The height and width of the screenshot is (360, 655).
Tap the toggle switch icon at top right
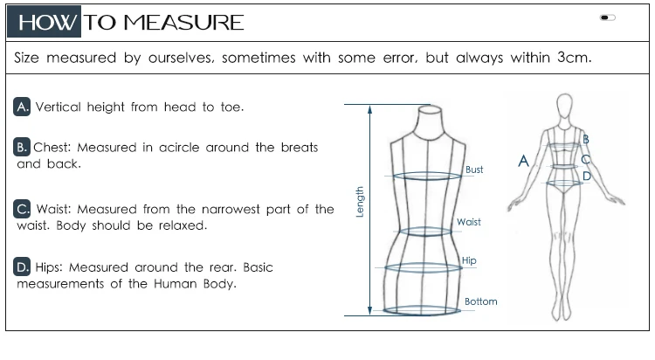608,17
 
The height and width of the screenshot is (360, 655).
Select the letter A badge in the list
23,107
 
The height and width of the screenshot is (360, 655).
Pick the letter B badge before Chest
23,147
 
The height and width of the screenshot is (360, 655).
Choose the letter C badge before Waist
23,209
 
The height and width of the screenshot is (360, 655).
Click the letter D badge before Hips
23,267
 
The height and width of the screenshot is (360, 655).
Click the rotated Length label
359,201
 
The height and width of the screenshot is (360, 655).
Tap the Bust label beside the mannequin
474,170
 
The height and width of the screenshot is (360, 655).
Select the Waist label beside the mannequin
469,222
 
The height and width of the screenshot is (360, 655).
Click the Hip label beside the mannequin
469,260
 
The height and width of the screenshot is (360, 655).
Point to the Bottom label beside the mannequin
480,301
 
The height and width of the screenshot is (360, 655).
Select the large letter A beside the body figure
524,161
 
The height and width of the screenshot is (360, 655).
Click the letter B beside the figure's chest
586,139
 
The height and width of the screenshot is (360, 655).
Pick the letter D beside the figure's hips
587,176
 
